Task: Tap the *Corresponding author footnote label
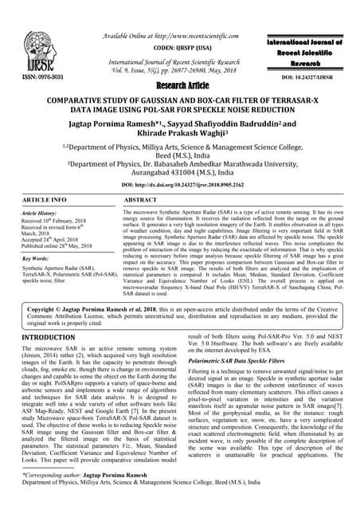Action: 39,496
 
